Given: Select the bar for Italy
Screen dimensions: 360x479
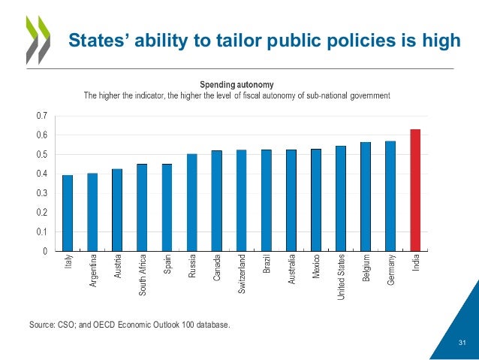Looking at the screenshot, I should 68,213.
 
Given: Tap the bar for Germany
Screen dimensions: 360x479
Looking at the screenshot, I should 390,196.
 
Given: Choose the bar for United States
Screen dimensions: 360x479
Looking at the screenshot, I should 341,198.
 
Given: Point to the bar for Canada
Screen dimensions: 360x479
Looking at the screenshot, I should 216,201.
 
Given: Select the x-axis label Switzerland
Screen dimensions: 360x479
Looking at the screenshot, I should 242,274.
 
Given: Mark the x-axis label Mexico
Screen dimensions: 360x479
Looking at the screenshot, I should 316,268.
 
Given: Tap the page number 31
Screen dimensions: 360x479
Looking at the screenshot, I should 462,343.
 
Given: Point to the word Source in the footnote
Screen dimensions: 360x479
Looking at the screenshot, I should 43,325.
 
